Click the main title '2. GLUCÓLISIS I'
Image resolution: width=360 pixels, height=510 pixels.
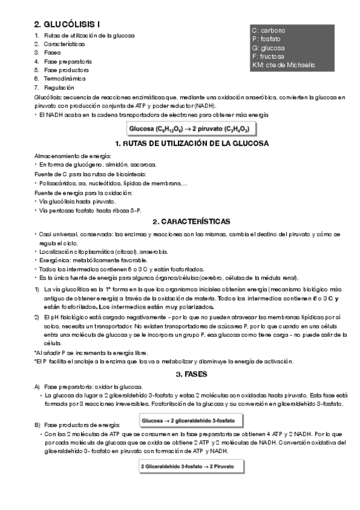(67, 25)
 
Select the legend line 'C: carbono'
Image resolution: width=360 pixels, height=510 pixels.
(269, 30)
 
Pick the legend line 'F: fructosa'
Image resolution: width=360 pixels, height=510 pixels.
(269, 57)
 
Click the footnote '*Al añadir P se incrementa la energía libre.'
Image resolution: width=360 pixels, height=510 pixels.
(91, 352)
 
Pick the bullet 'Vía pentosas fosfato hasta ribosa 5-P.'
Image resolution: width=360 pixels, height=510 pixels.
(88, 210)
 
